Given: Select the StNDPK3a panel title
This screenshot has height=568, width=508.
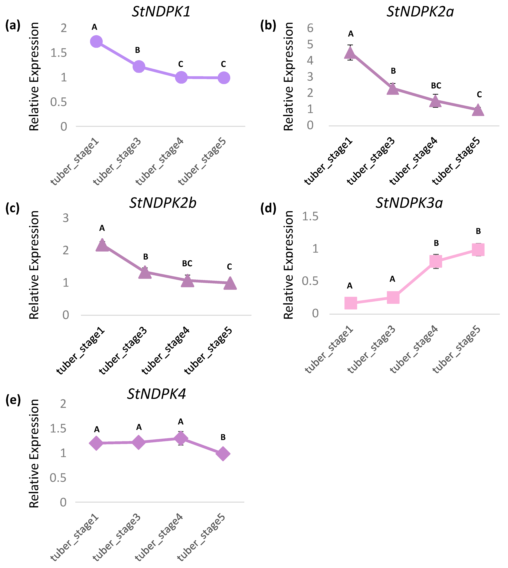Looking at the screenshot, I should pos(409,203).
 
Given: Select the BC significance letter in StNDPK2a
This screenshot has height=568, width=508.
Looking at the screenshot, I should pos(436,85).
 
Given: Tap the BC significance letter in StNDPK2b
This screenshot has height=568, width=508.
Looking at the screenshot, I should pos(187,263).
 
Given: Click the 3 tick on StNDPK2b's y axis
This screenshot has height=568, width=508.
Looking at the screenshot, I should pos(66,218).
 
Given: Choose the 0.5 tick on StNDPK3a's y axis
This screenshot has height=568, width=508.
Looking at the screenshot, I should pos(310,281).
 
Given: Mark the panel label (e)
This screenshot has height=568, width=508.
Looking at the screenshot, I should pos(13,400).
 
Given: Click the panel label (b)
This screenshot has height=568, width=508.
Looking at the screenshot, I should pos(268,26).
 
